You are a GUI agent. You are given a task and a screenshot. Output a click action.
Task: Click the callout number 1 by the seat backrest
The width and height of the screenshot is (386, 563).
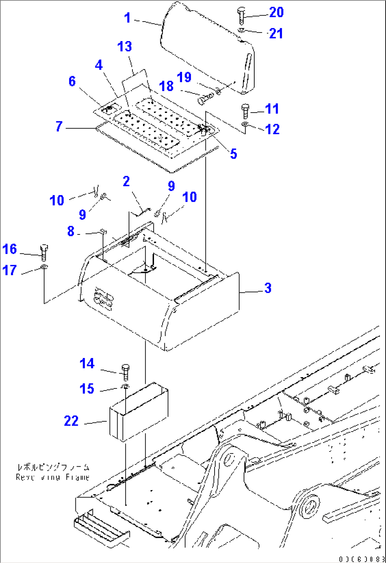[127, 18]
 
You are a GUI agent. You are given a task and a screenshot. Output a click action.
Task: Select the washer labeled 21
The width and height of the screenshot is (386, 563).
[241, 31]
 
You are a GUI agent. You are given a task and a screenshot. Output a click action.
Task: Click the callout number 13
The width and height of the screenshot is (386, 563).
[125, 46]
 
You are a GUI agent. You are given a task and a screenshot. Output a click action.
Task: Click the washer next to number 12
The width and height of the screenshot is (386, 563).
[245, 124]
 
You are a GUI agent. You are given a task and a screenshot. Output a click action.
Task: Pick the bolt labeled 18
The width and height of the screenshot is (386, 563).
[205, 99]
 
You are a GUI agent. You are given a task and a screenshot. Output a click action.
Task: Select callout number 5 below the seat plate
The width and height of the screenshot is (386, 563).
[233, 154]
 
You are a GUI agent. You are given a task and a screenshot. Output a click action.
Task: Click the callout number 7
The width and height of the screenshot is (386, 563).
[59, 126]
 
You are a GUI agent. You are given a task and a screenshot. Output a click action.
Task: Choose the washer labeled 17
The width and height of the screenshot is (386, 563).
[43, 267]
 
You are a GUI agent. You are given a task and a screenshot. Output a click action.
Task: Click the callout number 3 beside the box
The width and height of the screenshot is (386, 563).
[268, 288]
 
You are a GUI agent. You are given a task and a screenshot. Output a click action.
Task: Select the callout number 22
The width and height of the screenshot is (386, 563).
[71, 421]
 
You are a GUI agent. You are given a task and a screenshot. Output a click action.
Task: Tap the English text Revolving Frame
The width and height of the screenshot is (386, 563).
[52, 477]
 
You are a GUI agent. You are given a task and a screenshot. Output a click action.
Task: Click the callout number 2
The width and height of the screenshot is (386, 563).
[126, 182]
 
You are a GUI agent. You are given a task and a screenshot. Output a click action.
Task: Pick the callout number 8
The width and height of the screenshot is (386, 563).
[71, 231]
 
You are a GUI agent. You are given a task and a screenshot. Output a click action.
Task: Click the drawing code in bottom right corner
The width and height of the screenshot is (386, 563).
[361, 559]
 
